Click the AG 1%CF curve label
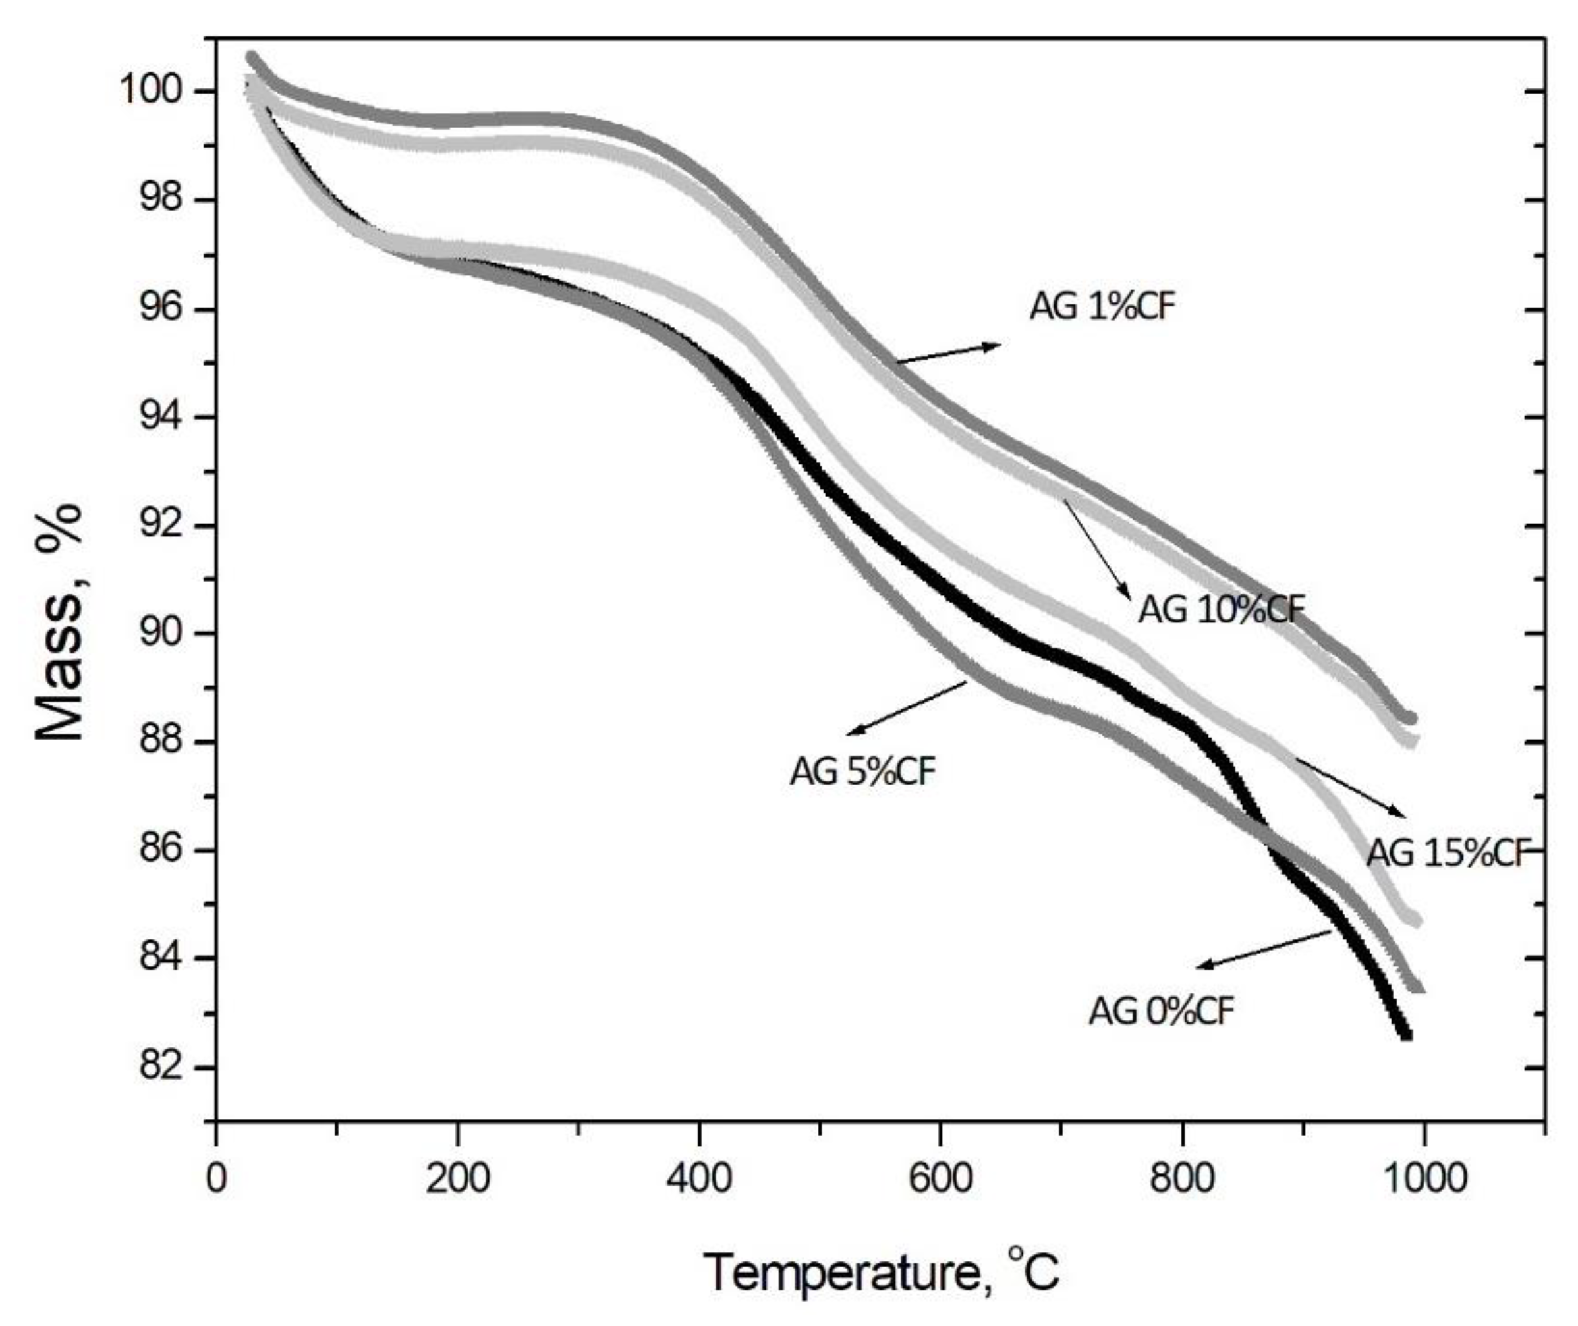pos(1102,307)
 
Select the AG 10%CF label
pos(1222,609)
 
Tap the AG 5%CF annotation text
pos(862,771)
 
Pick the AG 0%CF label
pos(1162,1011)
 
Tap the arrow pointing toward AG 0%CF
pos(1263,949)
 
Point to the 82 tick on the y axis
pos(161,1067)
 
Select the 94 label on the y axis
pos(161,416)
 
